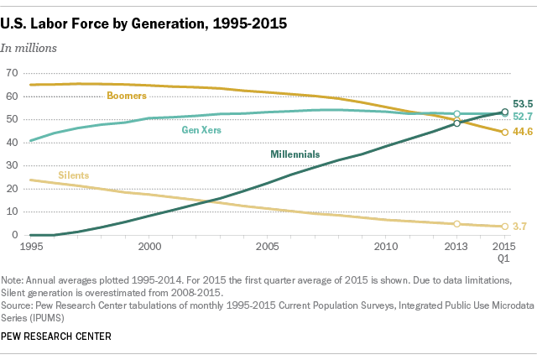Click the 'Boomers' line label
pyautogui.click(x=127, y=96)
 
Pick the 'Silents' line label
pyautogui.click(x=74, y=175)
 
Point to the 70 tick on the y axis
pyautogui.click(x=12, y=73)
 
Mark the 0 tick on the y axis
pyautogui.click(x=15, y=235)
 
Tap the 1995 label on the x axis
pyautogui.click(x=30, y=248)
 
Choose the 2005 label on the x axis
pyautogui.click(x=268, y=248)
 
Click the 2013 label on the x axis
pyautogui.click(x=457, y=248)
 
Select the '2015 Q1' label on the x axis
pyautogui.click(x=504, y=253)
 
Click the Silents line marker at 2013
pyautogui.click(x=457, y=224)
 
